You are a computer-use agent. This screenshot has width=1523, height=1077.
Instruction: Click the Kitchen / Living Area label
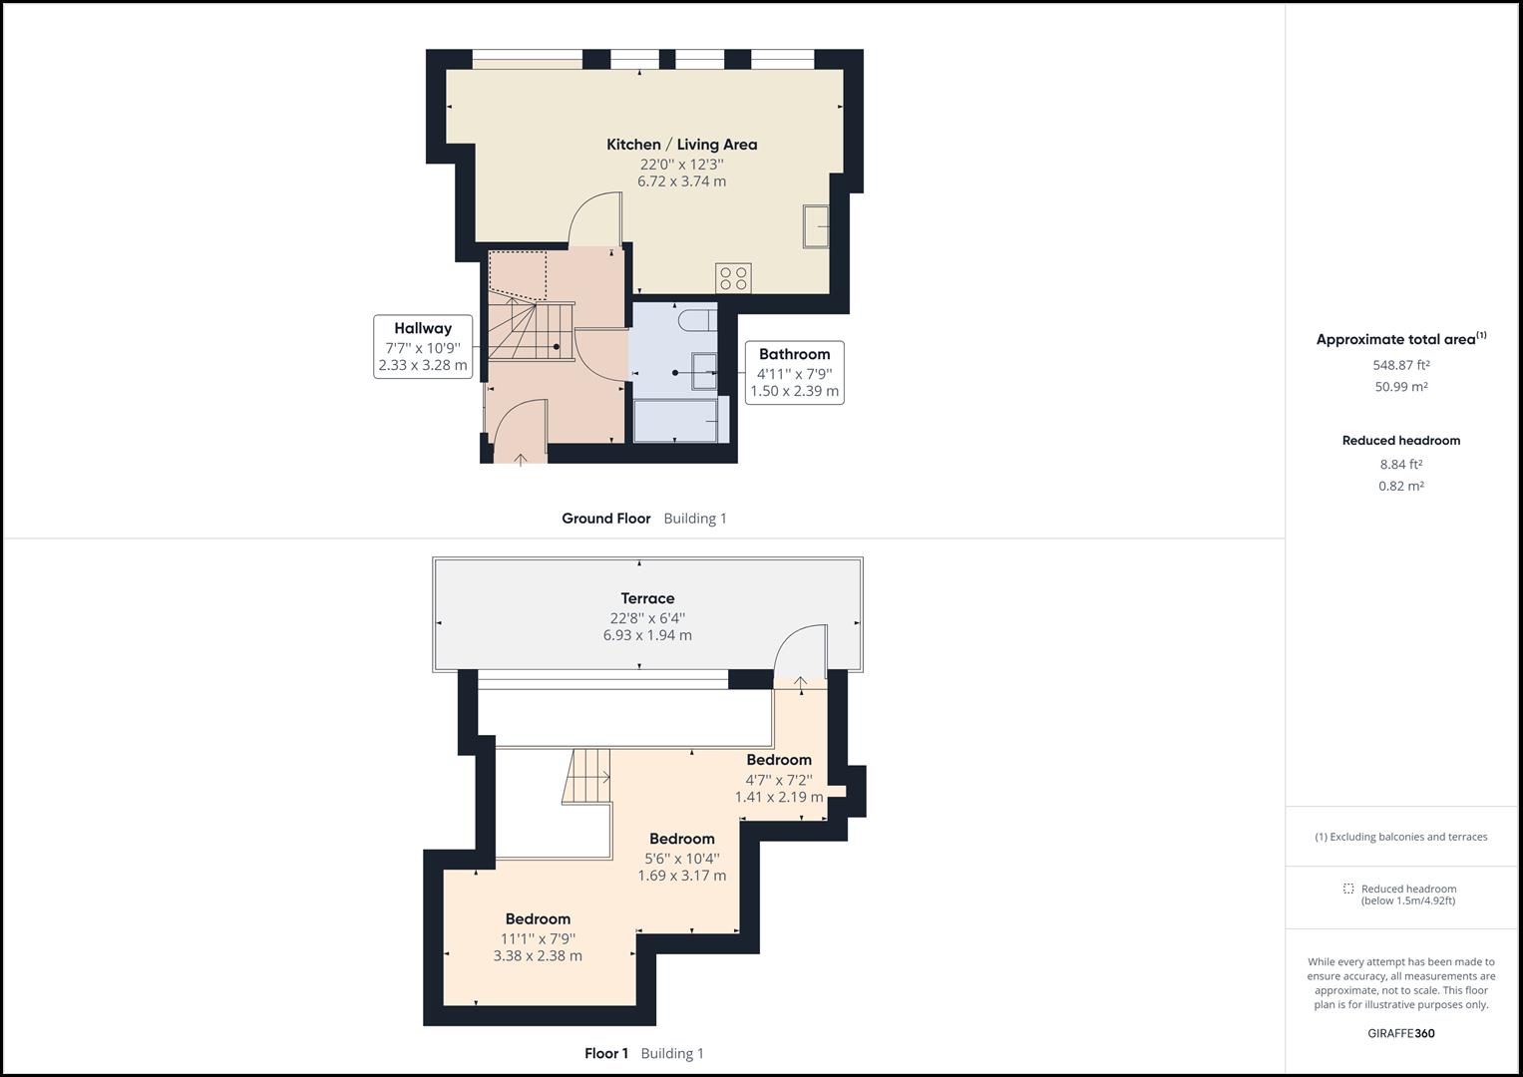point(681,145)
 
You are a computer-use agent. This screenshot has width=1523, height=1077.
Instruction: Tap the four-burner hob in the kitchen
point(733,277)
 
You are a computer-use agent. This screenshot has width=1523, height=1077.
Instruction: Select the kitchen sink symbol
point(816,226)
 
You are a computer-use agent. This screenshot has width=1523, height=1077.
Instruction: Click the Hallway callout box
point(423,346)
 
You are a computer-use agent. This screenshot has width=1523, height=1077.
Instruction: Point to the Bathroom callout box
point(794,372)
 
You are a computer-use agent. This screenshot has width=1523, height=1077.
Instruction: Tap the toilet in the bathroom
point(696,320)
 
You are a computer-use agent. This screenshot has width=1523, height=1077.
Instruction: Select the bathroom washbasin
point(704,371)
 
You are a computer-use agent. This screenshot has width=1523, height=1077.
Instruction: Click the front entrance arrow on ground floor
point(521,459)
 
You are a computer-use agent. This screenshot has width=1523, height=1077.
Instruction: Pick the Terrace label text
point(647,598)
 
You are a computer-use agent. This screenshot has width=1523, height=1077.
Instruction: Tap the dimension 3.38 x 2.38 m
point(538,955)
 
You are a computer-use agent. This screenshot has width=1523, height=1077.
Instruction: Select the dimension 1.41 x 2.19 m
point(779,797)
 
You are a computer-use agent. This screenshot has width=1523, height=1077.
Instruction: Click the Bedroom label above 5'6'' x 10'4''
point(681,839)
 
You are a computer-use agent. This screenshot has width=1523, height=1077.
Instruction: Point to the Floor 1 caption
point(606,1053)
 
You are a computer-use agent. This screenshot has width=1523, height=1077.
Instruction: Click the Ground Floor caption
point(605,519)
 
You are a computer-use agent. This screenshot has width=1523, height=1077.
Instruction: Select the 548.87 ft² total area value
point(1400,365)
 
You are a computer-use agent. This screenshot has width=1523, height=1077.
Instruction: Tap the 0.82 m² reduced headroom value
point(1400,486)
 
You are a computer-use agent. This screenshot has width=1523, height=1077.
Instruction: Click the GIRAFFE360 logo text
point(1400,1033)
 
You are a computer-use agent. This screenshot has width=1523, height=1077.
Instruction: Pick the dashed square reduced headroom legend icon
point(1348,889)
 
